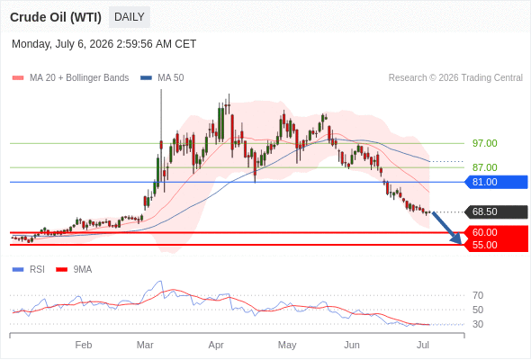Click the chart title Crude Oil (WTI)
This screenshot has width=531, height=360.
pos(56,17)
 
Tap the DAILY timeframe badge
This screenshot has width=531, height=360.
pos(130,17)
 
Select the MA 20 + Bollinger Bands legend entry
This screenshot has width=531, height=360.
pos(70,78)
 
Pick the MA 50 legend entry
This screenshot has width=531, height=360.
pos(162,78)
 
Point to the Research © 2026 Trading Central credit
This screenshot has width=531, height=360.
pos(455,78)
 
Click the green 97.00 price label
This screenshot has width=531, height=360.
pos(484,143)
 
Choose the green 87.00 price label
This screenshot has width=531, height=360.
pos(484,167)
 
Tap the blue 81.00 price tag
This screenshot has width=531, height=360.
pos(496,182)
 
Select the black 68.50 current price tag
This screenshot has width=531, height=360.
pos(496,212)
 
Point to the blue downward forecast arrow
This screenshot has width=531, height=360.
pos(446,228)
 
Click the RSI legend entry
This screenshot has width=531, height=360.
pos(29,270)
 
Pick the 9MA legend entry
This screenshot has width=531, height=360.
pos(74,270)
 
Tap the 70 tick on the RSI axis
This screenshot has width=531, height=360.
pos(478,295)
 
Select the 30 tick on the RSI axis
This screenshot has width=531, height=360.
pos(478,324)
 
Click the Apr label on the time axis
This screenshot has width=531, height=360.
pos(216,345)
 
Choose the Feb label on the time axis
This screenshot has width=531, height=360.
pos(84,345)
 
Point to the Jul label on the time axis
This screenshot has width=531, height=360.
pos(423,345)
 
